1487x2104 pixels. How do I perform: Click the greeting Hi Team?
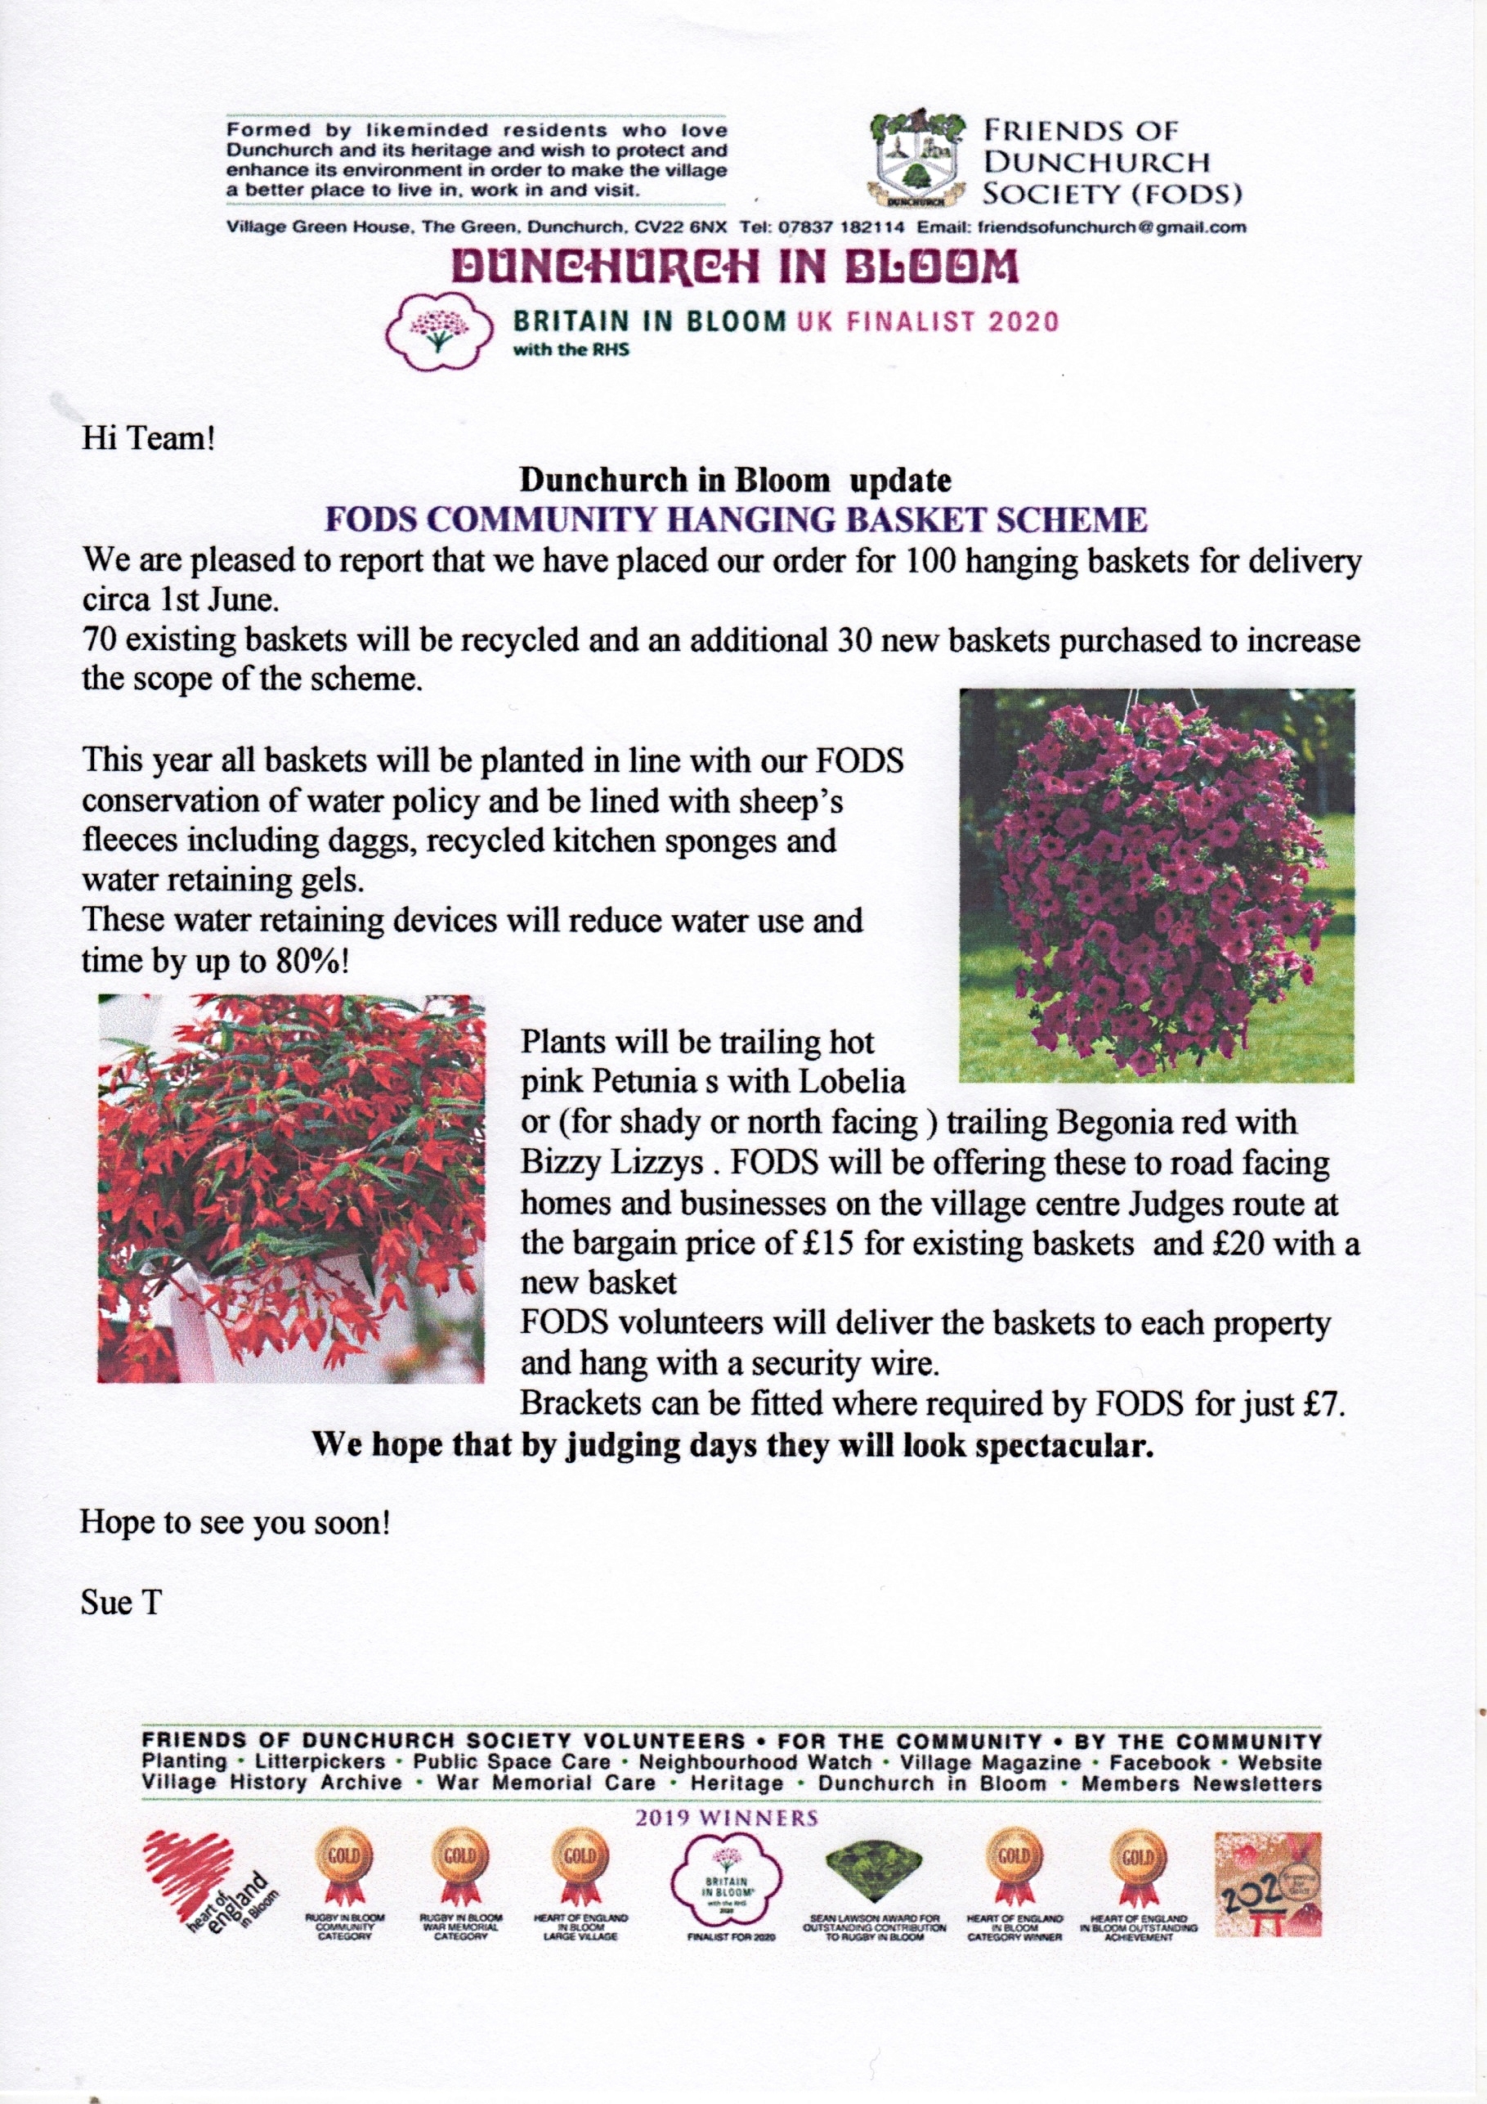click(x=149, y=438)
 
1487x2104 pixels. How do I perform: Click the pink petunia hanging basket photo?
click(x=1156, y=886)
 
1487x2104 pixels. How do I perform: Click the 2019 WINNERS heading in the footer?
click(x=727, y=1818)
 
